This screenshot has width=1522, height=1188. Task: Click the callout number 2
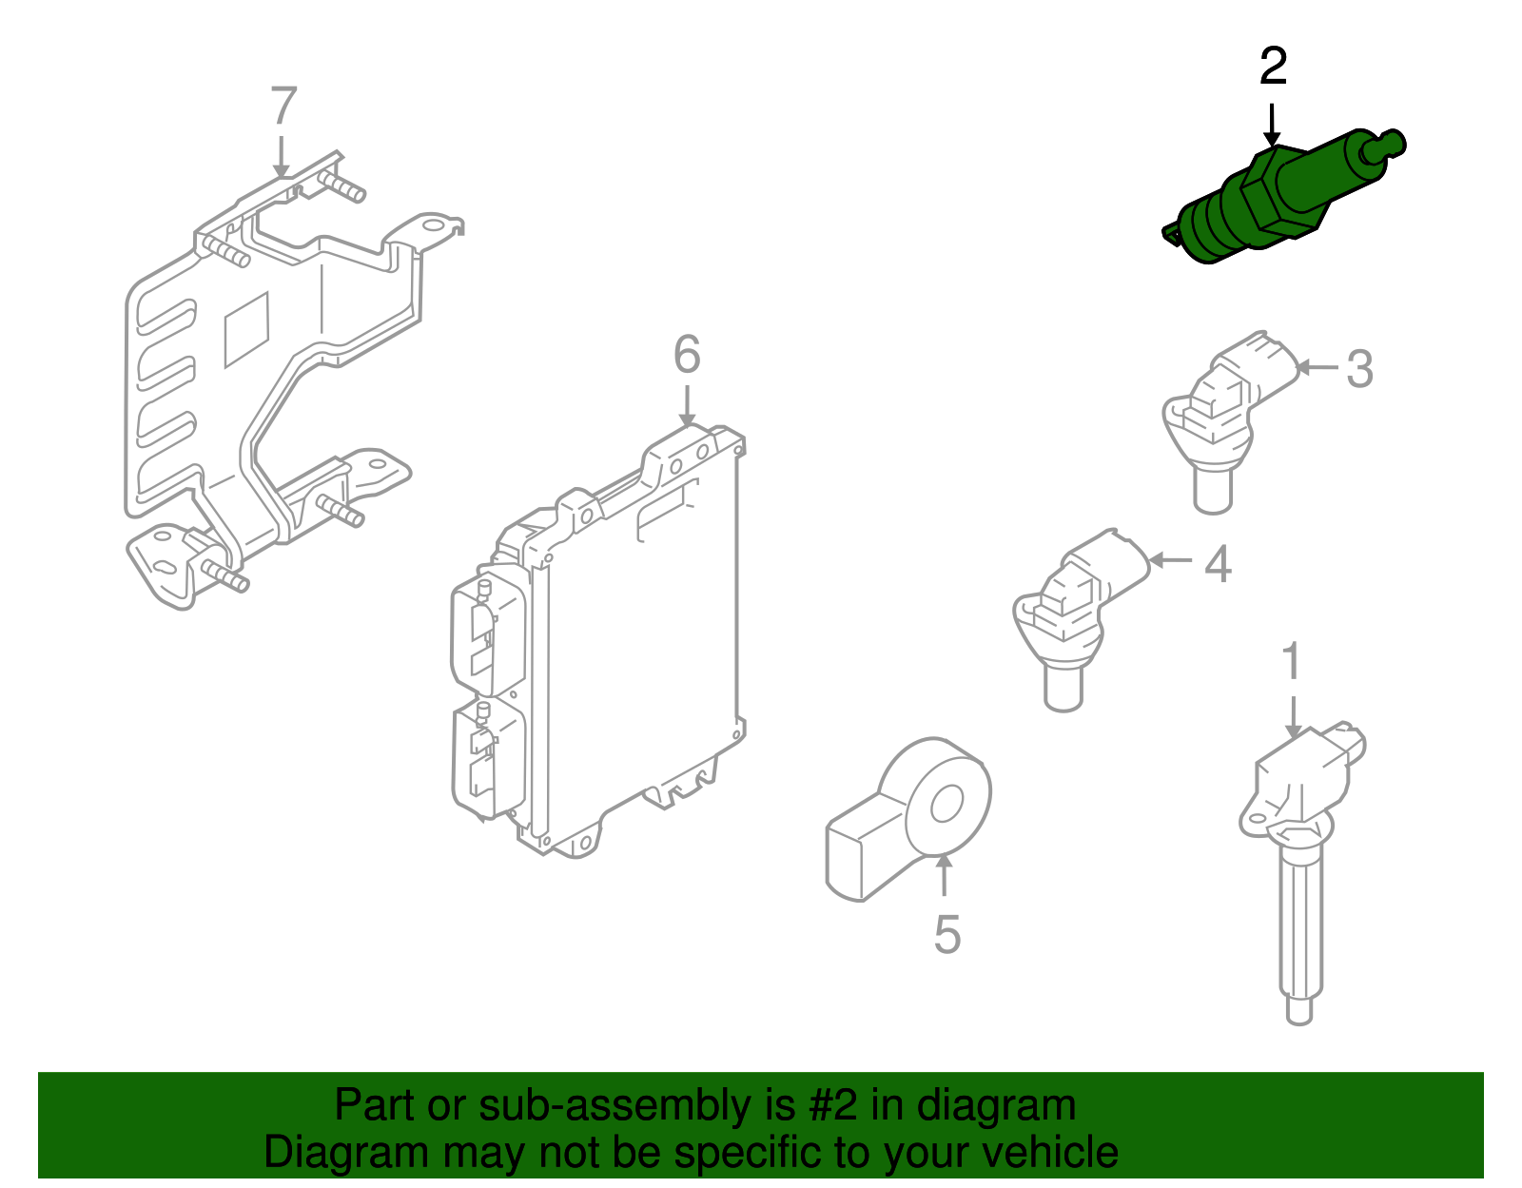click(x=1273, y=67)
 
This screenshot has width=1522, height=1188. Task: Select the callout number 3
click(x=1359, y=369)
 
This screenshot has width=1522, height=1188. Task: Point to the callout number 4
click(x=1218, y=564)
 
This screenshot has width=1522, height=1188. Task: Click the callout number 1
click(x=1291, y=662)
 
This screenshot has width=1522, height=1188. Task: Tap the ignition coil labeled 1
click(x=1298, y=856)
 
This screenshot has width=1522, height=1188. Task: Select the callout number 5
click(x=946, y=935)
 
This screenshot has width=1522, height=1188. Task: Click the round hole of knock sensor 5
click(x=946, y=806)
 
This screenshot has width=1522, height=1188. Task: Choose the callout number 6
click(x=687, y=355)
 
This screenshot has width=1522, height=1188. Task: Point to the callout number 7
click(x=283, y=107)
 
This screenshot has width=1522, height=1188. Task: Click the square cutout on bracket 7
click(x=246, y=329)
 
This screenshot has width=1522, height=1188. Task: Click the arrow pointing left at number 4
click(x=1171, y=560)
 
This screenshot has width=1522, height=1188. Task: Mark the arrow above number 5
click(x=944, y=875)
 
